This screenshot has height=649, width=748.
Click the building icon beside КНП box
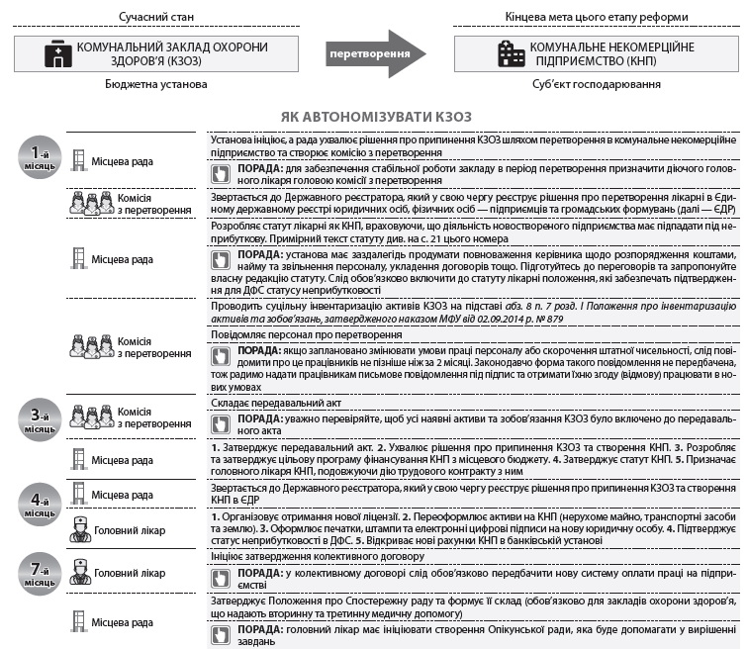[510, 53]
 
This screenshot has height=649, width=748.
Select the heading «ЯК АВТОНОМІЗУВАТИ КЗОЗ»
[376, 117]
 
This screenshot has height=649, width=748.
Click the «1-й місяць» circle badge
[41, 156]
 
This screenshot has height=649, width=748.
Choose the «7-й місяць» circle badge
[41, 571]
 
